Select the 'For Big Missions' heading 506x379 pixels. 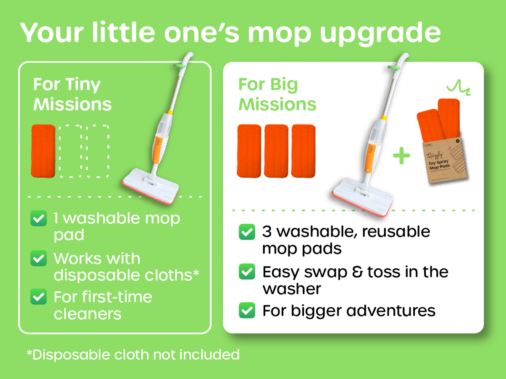click(277, 94)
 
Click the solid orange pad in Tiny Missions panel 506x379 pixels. click(43, 150)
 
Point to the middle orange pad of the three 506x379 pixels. click(276, 151)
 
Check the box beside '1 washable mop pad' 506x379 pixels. click(38, 219)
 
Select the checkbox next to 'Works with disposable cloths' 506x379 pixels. click(38, 258)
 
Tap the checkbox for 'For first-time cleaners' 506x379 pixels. click(38, 297)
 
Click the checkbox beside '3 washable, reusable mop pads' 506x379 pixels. click(247, 232)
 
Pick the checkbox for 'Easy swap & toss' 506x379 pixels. click(247, 272)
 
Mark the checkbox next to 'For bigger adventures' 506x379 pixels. click(247, 311)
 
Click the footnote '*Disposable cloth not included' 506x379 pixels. click(133, 354)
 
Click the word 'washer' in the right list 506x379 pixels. click(292, 289)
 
